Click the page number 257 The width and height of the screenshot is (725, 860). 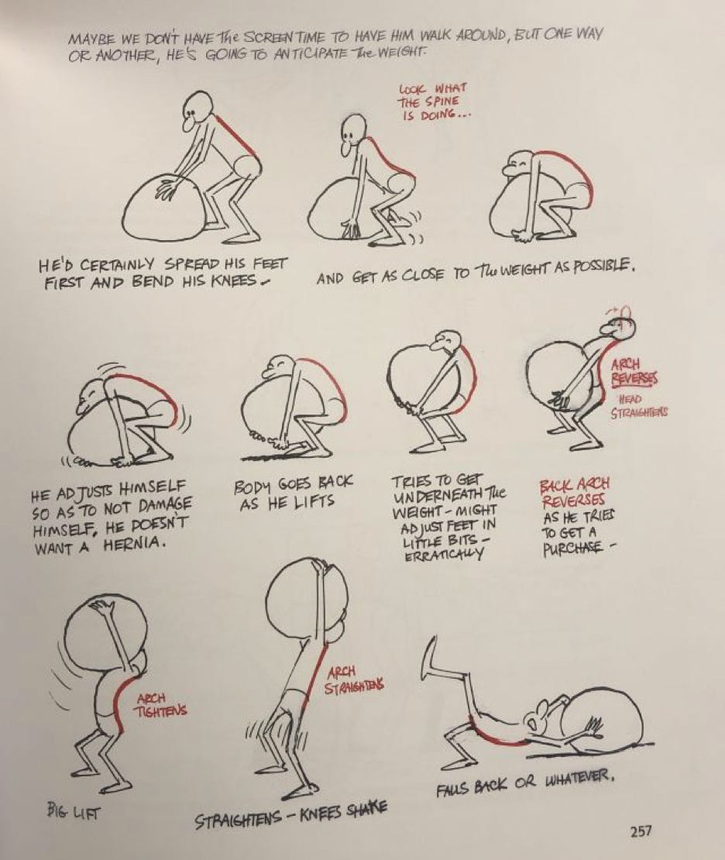click(641, 831)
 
